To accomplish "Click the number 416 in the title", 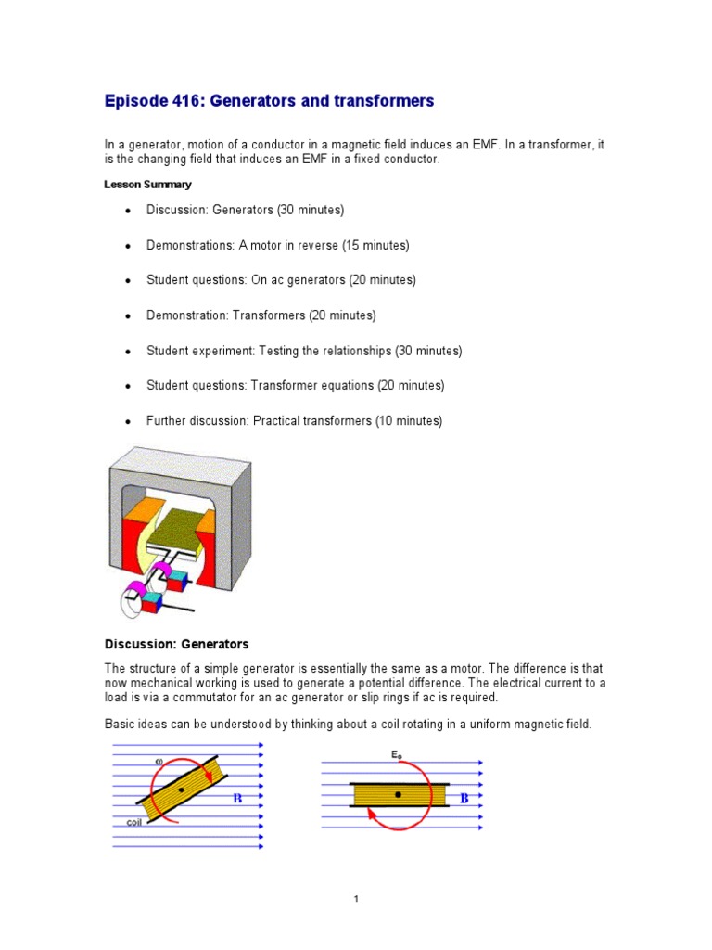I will pyautogui.click(x=188, y=101).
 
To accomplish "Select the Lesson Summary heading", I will pyautogui.click(x=147, y=185).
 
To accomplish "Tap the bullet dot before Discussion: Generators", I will pyautogui.click(x=128, y=212).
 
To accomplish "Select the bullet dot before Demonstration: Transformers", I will pyautogui.click(x=128, y=316).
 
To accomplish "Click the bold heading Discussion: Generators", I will pyautogui.click(x=176, y=644).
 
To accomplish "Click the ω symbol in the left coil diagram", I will pyautogui.click(x=160, y=762).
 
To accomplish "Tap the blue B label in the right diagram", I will pyautogui.click(x=465, y=798).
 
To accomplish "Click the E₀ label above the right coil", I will pyautogui.click(x=396, y=756).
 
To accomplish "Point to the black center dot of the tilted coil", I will pyautogui.click(x=182, y=790).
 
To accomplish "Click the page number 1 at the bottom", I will pyautogui.click(x=356, y=899).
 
